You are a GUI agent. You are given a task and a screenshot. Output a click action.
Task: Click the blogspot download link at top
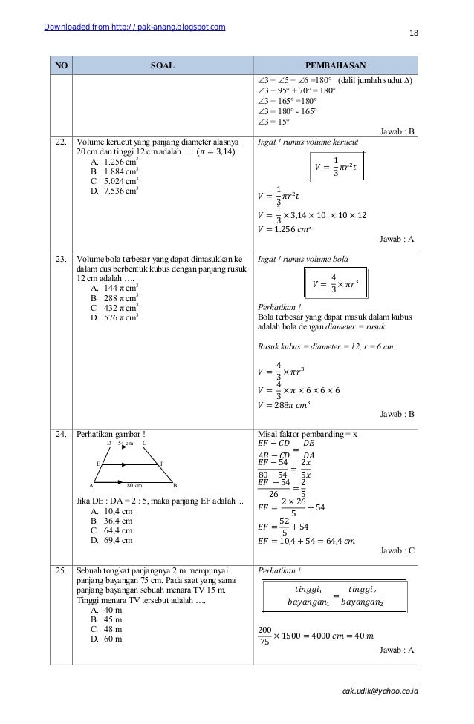pos(134,28)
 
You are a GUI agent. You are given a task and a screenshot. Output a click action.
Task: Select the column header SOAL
pos(161,65)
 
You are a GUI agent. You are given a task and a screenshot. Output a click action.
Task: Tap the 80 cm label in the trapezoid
pos(134,485)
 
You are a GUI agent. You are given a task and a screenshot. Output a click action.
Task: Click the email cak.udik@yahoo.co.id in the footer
pos(379,690)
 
